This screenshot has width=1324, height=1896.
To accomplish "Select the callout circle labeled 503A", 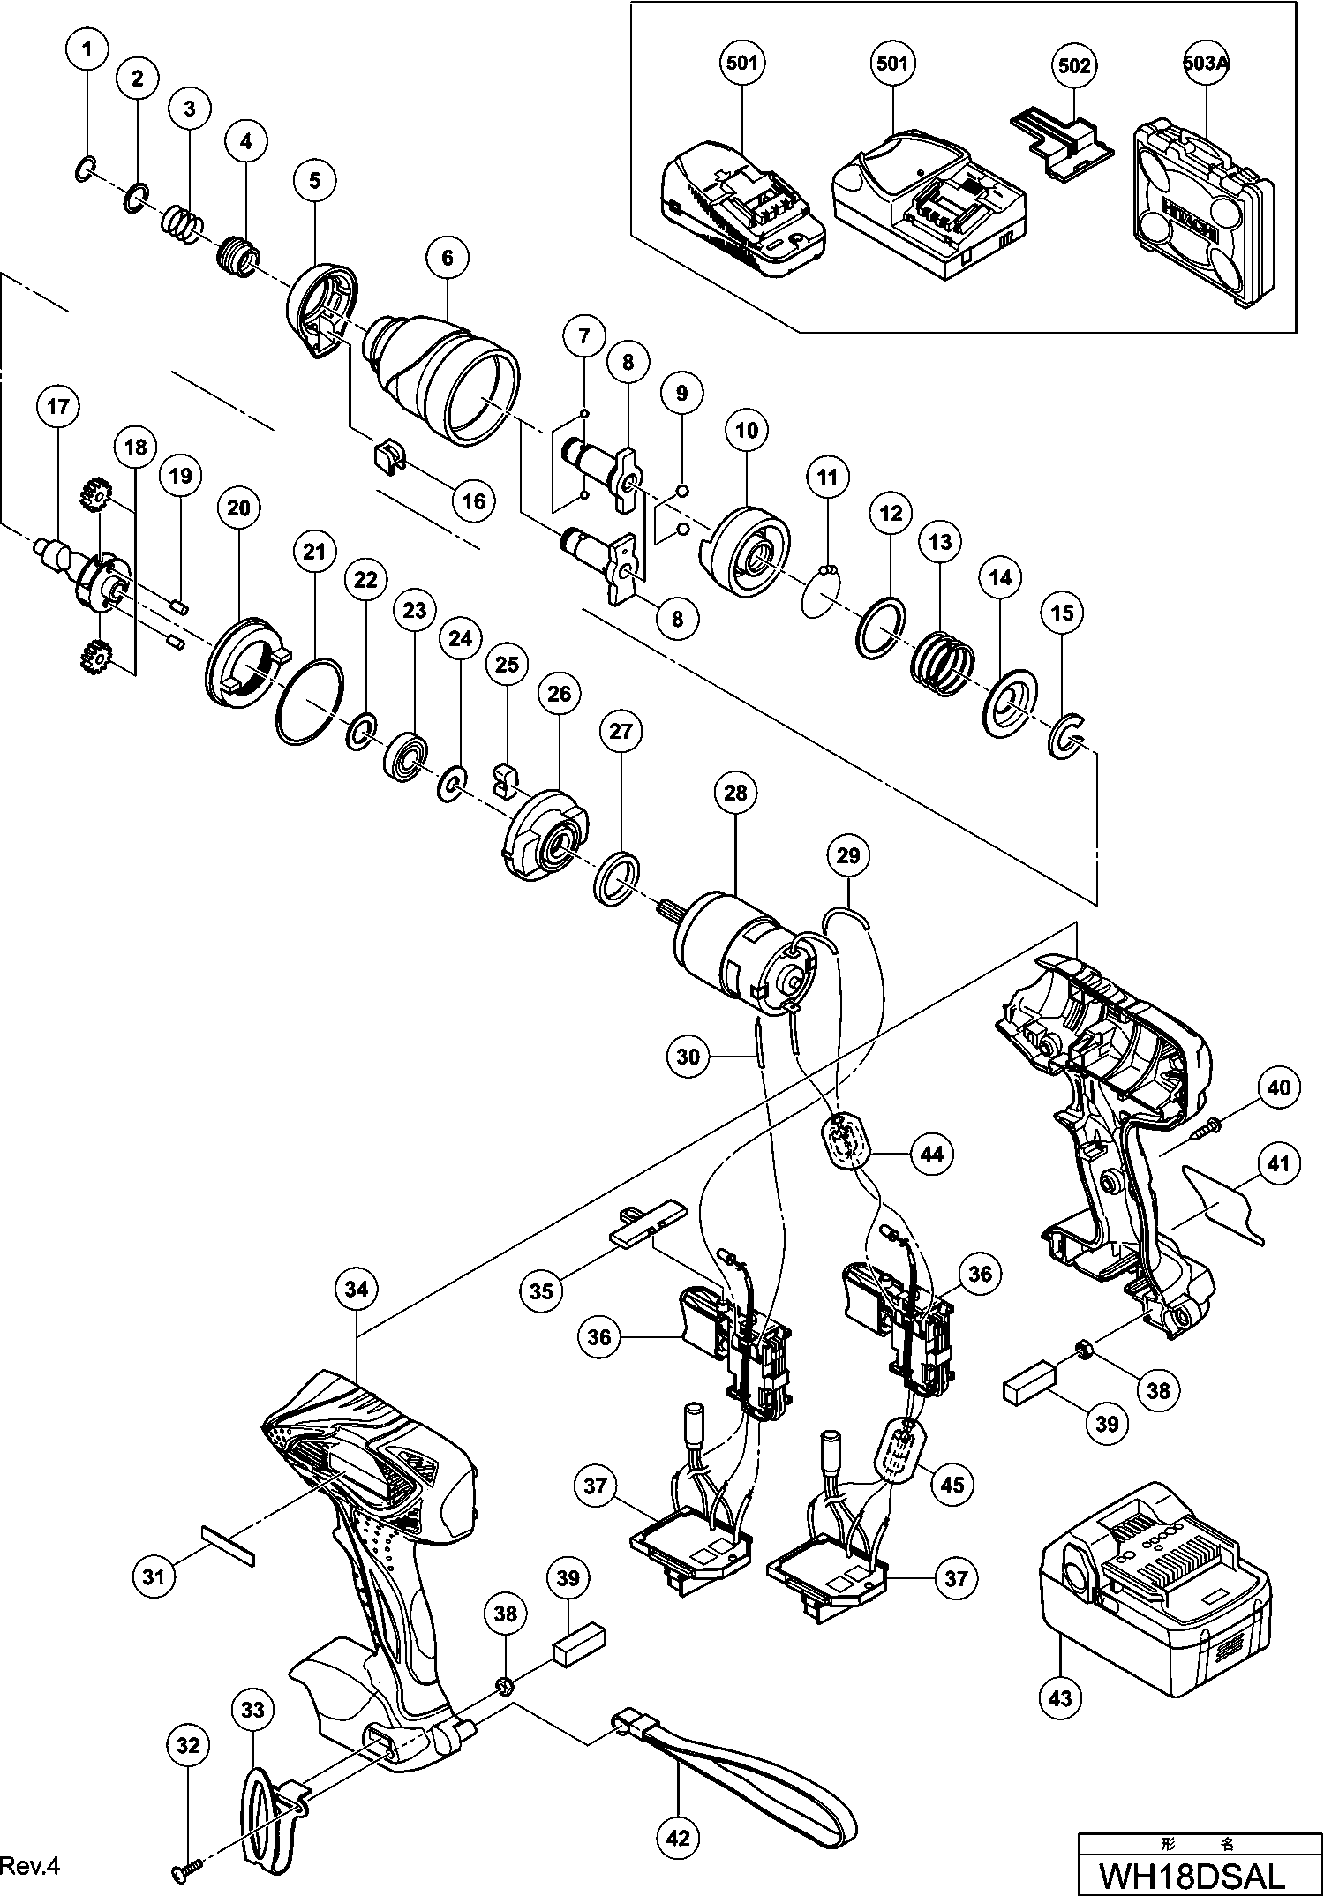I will [1206, 64].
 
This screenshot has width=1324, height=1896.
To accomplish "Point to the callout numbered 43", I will [1061, 1697].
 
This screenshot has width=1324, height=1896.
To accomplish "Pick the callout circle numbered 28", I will [735, 793].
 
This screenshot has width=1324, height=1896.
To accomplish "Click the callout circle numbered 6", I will [448, 258].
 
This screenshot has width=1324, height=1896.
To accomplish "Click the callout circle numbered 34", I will [356, 1290].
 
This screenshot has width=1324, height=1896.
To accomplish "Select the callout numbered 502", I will [1073, 65].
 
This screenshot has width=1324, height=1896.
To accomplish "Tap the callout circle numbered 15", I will [1063, 612].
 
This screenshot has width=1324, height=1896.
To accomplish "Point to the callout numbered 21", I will [314, 553].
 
